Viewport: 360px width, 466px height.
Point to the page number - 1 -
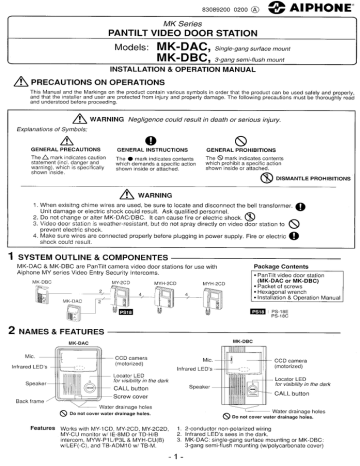click(x=181, y=457)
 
